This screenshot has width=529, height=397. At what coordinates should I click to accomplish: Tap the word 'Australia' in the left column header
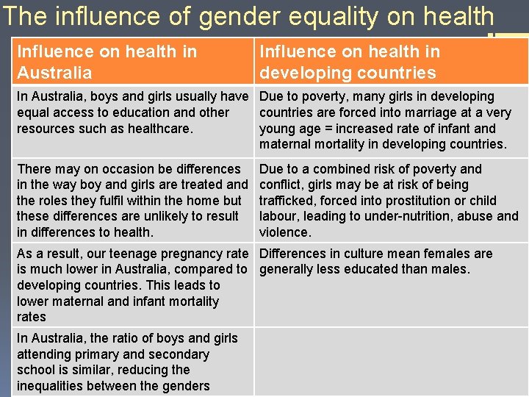pos(54,73)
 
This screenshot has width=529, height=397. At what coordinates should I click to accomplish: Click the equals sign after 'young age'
pos(328,129)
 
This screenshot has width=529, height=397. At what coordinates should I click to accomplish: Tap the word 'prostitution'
pos(431,201)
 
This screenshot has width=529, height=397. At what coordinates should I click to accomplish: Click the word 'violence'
pos(284,232)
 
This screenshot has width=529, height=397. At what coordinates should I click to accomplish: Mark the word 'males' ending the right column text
pos(451,269)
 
